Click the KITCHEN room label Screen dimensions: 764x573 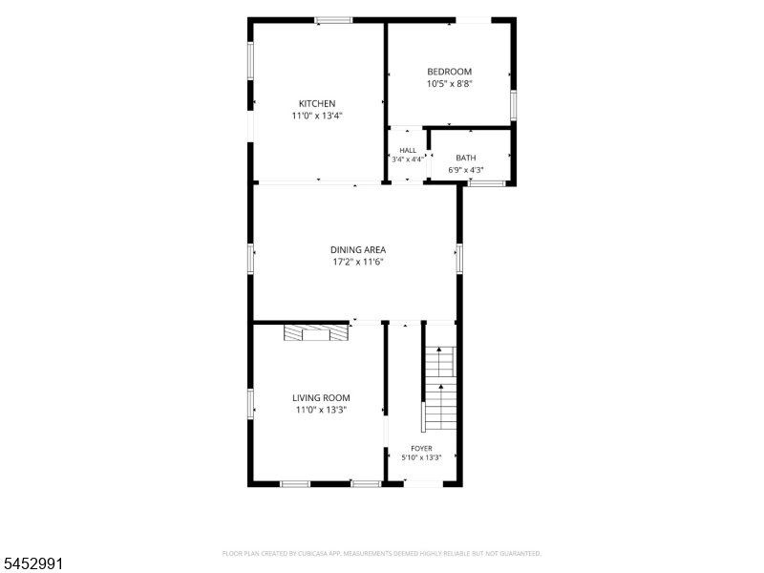pyautogui.click(x=317, y=103)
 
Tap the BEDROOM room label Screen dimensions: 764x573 pyautogui.click(x=449, y=72)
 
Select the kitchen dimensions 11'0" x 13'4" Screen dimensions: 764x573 pyautogui.click(x=317, y=116)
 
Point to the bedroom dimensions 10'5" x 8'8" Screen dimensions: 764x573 pyautogui.click(x=450, y=83)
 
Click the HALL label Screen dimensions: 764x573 pyautogui.click(x=408, y=150)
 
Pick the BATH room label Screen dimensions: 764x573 pyautogui.click(x=466, y=158)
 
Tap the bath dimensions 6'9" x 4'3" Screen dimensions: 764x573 pyautogui.click(x=466, y=170)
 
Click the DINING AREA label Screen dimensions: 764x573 pyautogui.click(x=358, y=249)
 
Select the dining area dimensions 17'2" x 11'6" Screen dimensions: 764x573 pyautogui.click(x=358, y=262)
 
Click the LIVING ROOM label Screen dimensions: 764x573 pyautogui.click(x=321, y=397)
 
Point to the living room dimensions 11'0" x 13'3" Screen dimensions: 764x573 pyautogui.click(x=321, y=410)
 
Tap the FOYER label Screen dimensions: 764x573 pyautogui.click(x=421, y=448)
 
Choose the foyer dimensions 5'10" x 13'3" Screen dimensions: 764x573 pyautogui.click(x=421, y=457)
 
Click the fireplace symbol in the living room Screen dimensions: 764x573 pyautogui.click(x=317, y=332)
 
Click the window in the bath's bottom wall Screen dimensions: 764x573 pyautogui.click(x=487, y=183)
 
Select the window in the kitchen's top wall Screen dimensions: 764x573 pyautogui.click(x=333, y=20)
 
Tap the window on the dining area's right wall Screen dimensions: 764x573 pyautogui.click(x=459, y=259)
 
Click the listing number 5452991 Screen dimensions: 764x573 pyautogui.click(x=32, y=563)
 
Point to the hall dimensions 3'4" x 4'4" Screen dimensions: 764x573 pyautogui.click(x=408, y=159)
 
